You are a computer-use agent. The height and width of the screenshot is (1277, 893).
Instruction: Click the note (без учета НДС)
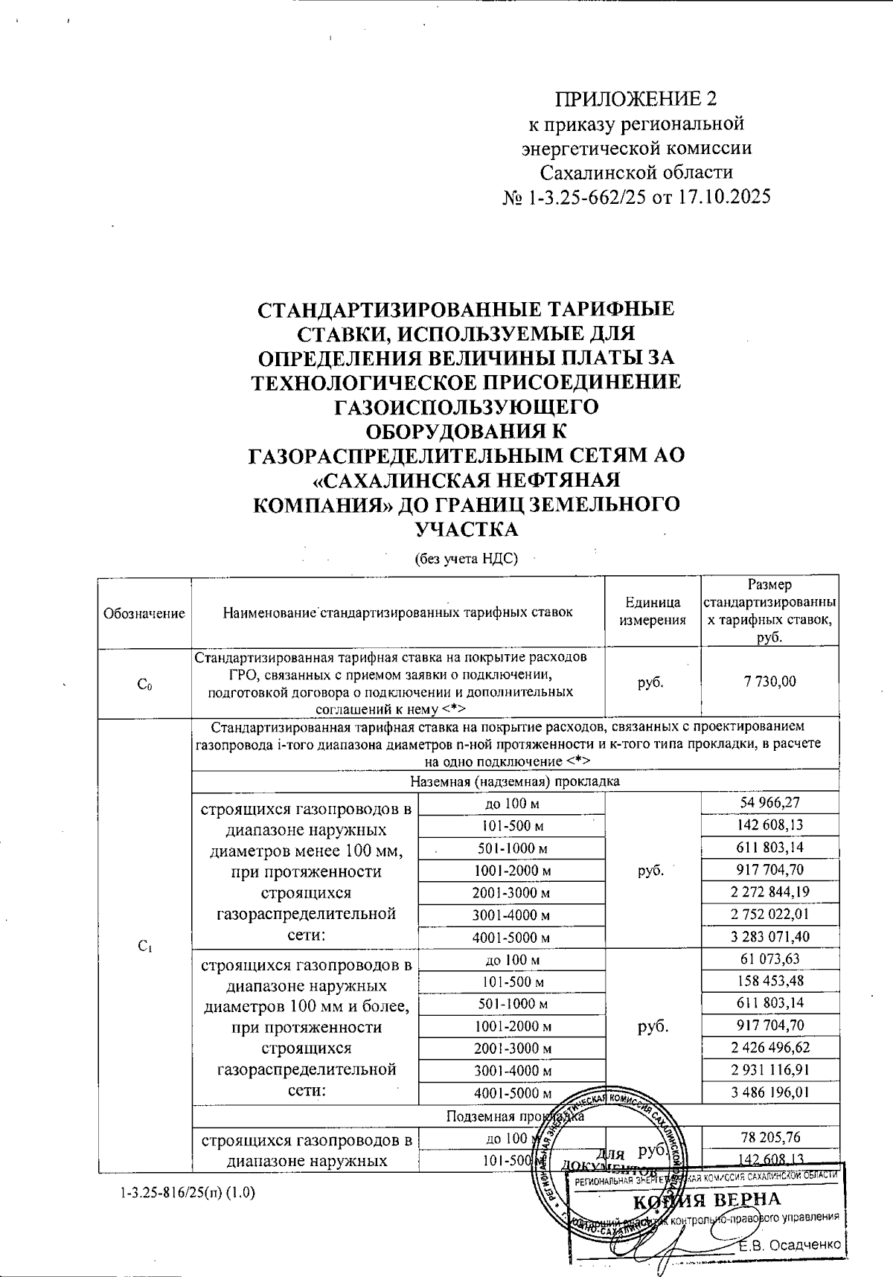tap(465, 558)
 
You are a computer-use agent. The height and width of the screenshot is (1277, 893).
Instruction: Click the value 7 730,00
tap(769, 681)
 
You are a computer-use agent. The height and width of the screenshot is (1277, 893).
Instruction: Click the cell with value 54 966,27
tap(770, 803)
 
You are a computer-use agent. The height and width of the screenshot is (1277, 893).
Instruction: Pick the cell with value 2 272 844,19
tap(770, 892)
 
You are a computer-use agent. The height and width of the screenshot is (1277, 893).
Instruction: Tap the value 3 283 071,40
tap(770, 936)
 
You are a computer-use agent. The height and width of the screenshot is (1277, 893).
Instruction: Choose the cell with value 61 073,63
tap(770, 958)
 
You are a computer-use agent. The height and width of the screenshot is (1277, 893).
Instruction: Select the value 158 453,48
tap(770, 981)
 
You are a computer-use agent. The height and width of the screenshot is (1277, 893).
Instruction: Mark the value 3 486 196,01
tap(770, 1092)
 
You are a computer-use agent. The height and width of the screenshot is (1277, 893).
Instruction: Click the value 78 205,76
tap(770, 1137)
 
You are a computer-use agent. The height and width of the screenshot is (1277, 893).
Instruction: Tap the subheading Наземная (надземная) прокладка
tap(515, 781)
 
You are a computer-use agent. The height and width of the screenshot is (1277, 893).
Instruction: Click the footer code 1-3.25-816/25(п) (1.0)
tap(187, 1192)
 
